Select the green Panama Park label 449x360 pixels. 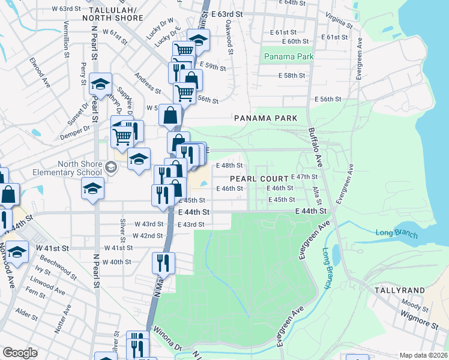(x=288, y=57)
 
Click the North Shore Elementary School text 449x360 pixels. (x=80, y=169)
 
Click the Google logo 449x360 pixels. (x=20, y=353)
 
